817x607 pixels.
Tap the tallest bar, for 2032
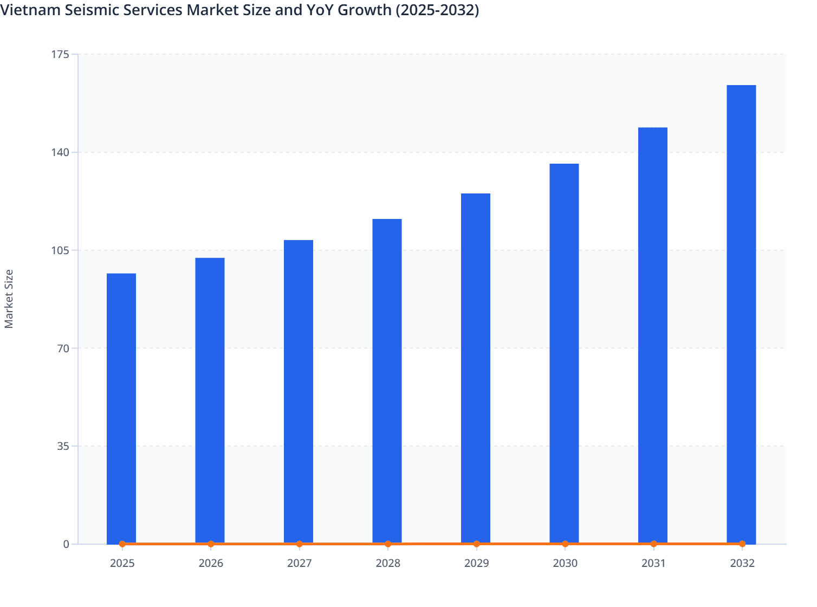(x=741, y=314)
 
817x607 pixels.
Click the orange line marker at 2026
(x=211, y=544)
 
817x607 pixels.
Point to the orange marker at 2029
(x=476, y=544)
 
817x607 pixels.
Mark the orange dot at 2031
(x=653, y=544)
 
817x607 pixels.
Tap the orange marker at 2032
(x=742, y=544)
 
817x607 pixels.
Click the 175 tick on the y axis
(x=62, y=54)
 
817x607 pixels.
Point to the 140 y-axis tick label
(x=62, y=152)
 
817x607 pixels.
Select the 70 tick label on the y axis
(x=64, y=348)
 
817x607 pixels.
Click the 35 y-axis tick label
(x=64, y=446)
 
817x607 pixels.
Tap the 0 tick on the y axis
(x=67, y=544)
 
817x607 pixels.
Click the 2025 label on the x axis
(x=122, y=563)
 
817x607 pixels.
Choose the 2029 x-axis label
(x=476, y=563)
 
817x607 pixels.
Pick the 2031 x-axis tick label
(x=653, y=563)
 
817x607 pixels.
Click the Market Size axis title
(x=9, y=299)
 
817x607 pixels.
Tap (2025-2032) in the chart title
(x=437, y=10)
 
